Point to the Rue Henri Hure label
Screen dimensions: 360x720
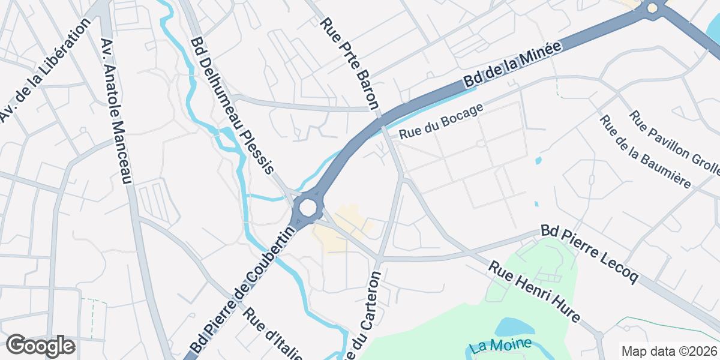point(534,292)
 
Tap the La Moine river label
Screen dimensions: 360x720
point(501,345)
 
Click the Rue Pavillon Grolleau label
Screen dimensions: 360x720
point(673,144)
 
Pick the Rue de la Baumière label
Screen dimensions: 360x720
point(645,151)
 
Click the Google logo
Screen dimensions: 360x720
point(41,346)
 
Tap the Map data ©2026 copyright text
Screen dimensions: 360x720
point(668,351)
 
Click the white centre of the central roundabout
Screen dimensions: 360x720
point(307,208)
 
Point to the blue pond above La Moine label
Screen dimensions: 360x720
point(515,328)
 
